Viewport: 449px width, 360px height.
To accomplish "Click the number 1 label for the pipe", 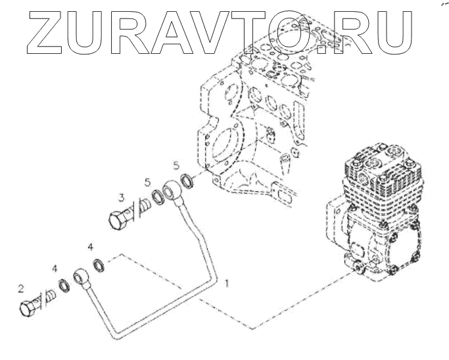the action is (227, 283).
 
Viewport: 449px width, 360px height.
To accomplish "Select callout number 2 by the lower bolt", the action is (22, 287).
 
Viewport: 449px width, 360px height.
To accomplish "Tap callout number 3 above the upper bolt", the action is (122, 196).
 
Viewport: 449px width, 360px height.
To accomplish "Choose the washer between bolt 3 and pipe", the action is (158, 196).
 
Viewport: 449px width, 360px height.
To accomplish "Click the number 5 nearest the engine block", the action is (176, 164).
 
